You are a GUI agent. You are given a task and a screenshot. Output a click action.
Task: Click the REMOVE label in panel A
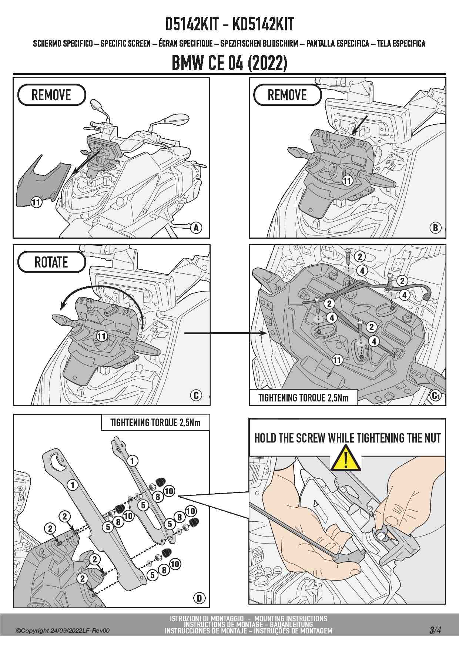(51, 95)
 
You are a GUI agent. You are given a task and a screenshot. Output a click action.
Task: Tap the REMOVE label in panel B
(287, 95)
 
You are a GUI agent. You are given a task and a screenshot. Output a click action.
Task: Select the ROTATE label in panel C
(51, 262)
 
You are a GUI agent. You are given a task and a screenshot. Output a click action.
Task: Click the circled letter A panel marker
(196, 228)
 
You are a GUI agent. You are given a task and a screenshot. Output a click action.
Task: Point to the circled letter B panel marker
(436, 228)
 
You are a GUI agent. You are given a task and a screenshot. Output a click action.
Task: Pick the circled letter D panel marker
(199, 598)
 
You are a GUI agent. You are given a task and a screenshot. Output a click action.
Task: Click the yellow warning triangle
(346, 459)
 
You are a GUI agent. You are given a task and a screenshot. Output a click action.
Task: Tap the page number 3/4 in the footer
(435, 630)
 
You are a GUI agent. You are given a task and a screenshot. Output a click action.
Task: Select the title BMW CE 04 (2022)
(229, 63)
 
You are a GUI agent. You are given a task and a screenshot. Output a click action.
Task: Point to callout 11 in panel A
(36, 202)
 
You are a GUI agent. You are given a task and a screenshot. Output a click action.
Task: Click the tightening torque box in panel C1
(303, 398)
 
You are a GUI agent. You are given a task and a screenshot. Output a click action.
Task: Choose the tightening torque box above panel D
(155, 423)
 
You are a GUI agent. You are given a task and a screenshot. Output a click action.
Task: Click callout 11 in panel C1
(337, 360)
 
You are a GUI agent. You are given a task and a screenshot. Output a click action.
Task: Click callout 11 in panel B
(347, 181)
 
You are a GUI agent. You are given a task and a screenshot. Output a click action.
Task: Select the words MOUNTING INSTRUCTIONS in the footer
(291, 618)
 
